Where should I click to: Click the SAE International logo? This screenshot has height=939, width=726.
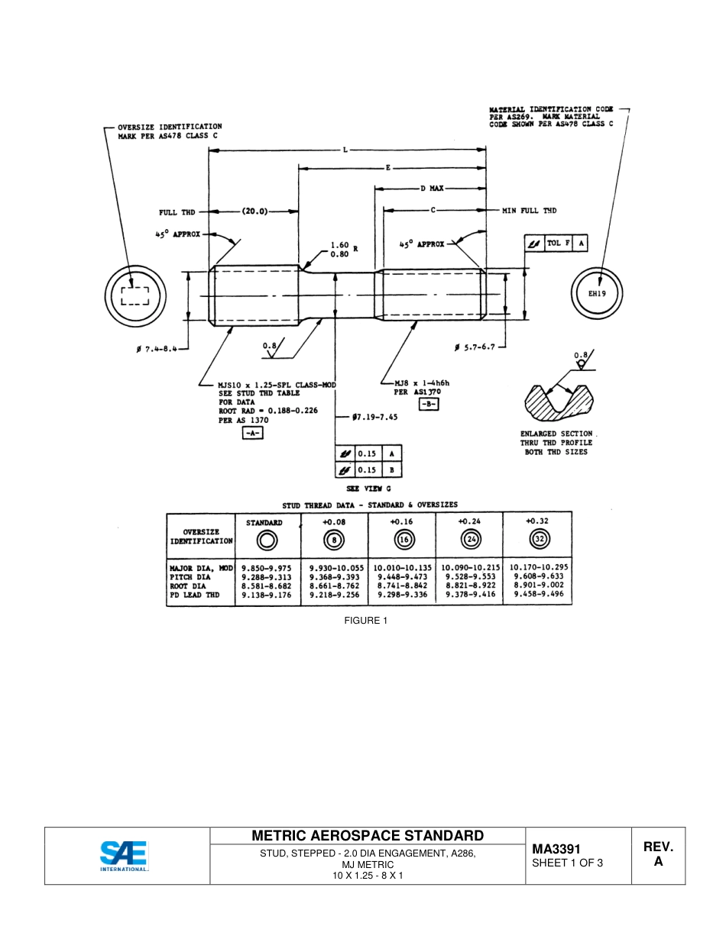(125, 856)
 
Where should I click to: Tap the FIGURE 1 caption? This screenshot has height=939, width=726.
(365, 620)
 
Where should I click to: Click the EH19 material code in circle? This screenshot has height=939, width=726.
(597, 292)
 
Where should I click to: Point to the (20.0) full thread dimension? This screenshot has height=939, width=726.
(254, 211)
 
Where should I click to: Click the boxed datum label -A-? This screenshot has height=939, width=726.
(251, 434)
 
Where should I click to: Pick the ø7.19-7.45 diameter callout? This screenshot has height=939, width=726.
(377, 418)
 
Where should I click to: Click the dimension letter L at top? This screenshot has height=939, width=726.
(345, 150)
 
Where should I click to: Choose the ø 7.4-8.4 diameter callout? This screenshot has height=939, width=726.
(161, 349)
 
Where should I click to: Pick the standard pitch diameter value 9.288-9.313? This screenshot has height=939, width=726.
(266, 577)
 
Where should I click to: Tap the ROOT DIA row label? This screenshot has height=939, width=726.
(188, 586)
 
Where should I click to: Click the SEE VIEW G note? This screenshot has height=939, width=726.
(369, 489)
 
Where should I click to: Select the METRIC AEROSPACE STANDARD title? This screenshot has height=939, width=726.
(368, 836)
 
